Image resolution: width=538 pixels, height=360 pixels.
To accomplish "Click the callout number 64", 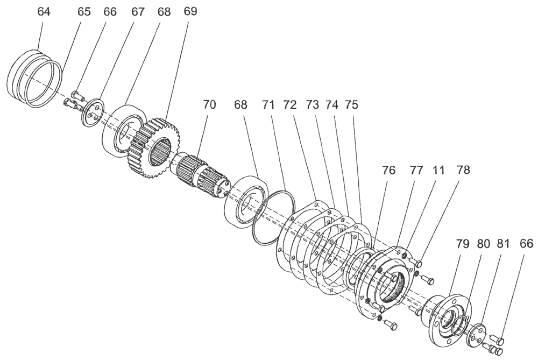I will pos(44,12).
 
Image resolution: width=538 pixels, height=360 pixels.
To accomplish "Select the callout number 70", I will pos(209,105).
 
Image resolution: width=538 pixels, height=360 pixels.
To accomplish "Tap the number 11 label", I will pos(438,171).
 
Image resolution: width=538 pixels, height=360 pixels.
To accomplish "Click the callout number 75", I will pos(353,105).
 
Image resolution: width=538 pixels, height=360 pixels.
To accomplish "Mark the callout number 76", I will pos(388,171).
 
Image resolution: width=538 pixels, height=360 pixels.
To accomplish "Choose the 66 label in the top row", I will pos(110,12).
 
